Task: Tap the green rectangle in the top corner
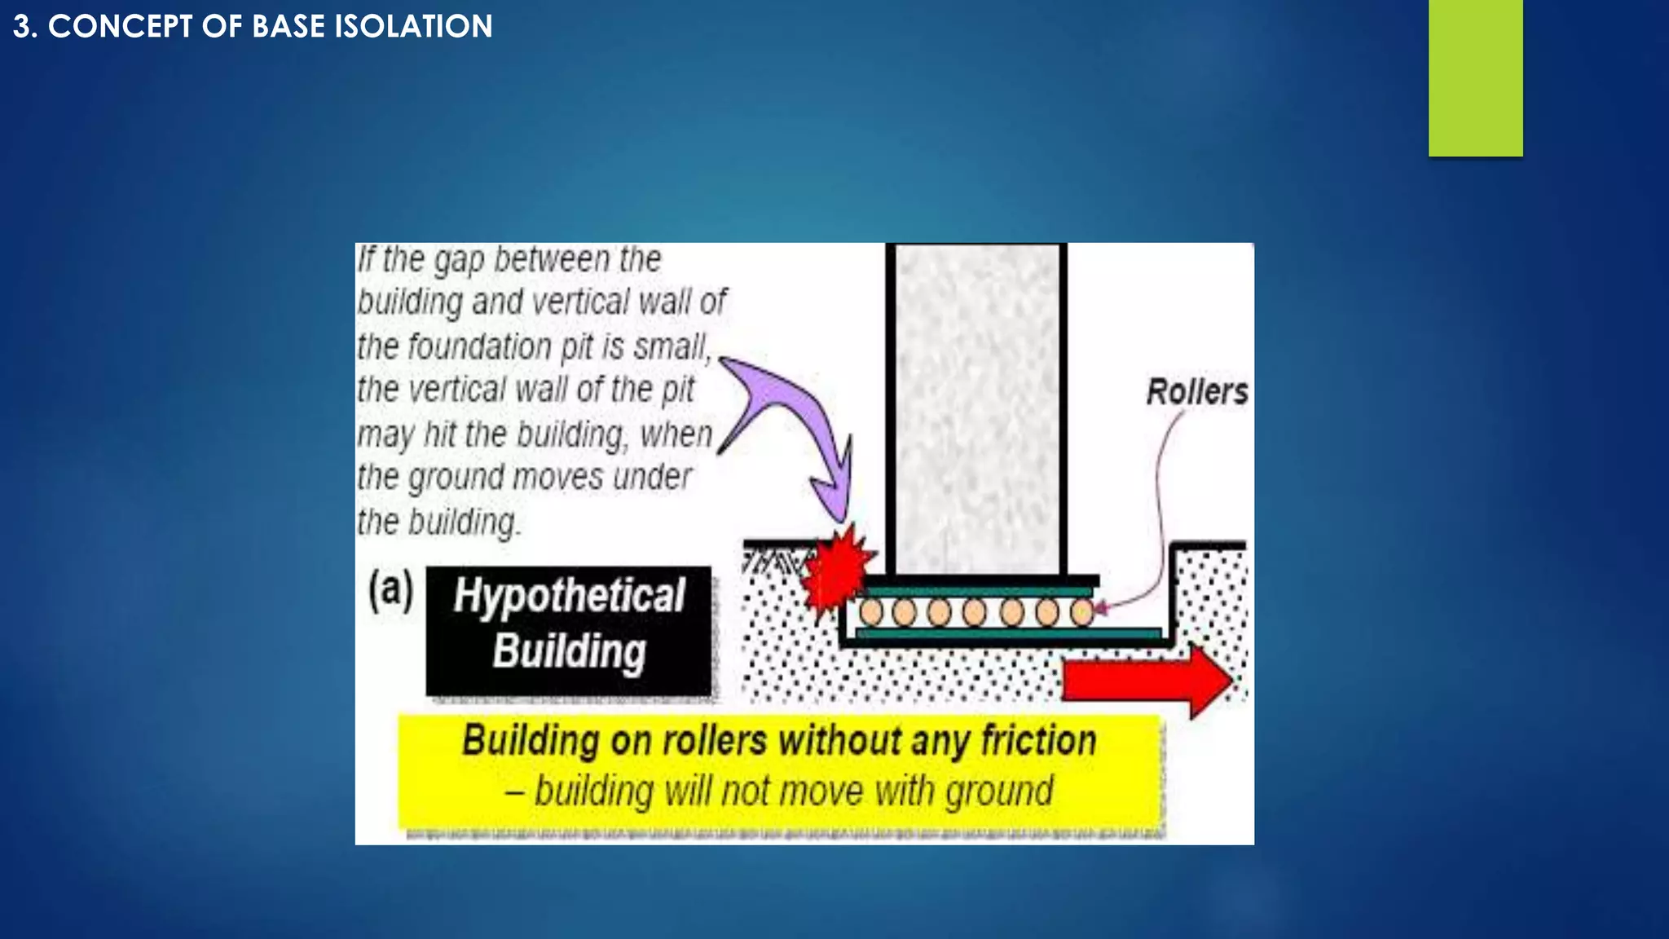pyautogui.click(x=1475, y=77)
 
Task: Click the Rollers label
pyautogui.click(x=1196, y=392)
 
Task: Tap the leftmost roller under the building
pyautogui.click(x=870, y=611)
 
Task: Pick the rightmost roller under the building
pyautogui.click(x=1081, y=611)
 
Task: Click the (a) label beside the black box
pyautogui.click(x=390, y=589)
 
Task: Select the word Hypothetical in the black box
pyautogui.click(x=569, y=596)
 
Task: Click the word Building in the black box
pyautogui.click(x=569, y=651)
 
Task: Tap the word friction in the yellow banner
pyautogui.click(x=1038, y=741)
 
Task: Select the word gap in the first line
pyautogui.click(x=460, y=260)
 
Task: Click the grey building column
pyautogui.click(x=977, y=408)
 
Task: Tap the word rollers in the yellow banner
pyautogui.click(x=714, y=741)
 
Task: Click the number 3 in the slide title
pyautogui.click(x=22, y=26)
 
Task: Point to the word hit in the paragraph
pyautogui.click(x=441, y=434)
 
